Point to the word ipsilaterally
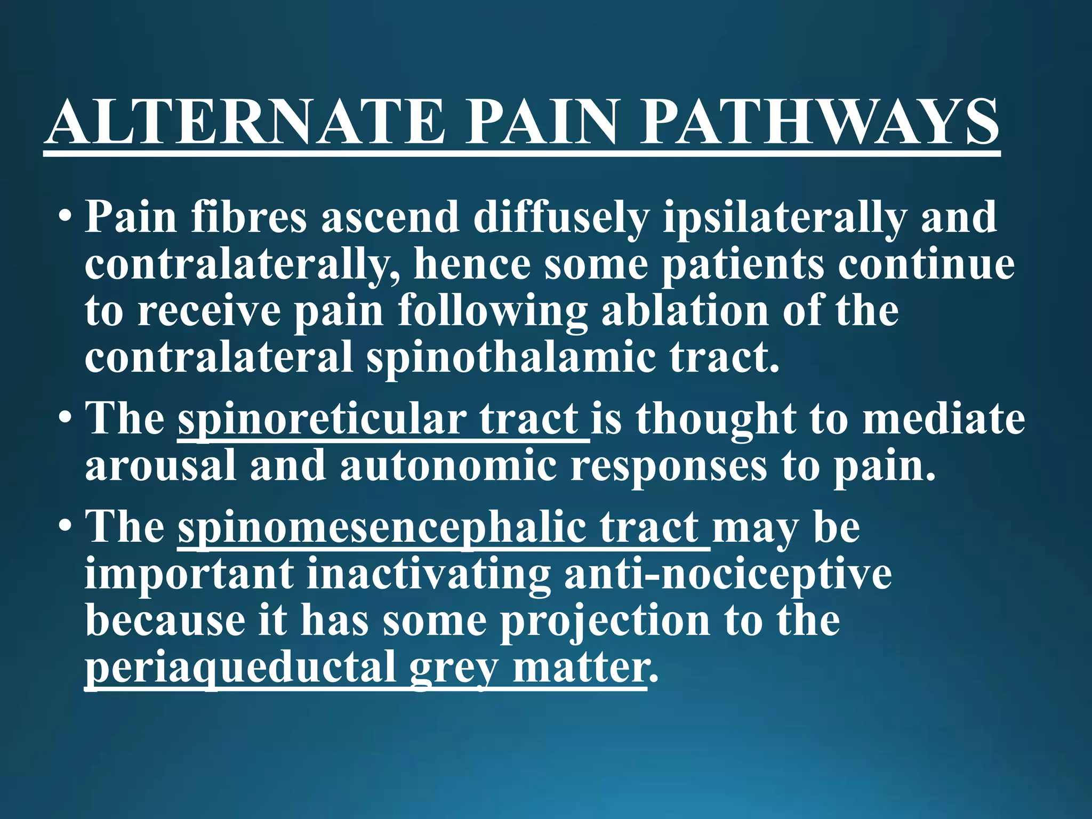coord(784,218)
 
